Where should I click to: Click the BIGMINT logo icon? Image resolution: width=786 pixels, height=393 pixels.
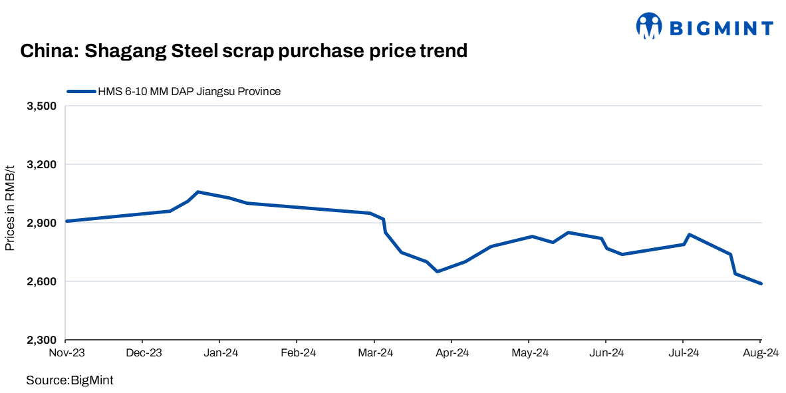(649, 26)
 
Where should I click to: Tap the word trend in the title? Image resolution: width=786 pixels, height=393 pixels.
(443, 51)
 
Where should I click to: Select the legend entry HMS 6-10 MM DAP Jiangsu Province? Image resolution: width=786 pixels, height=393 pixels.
(189, 91)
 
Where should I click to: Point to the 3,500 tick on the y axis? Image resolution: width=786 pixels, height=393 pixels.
(42, 106)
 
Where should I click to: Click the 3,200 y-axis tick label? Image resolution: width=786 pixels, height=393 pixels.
(42, 164)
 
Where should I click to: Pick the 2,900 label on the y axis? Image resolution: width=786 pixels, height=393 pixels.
(42, 223)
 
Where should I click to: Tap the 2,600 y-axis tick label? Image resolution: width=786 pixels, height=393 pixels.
(42, 281)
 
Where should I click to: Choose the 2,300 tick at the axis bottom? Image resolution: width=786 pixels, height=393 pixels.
(42, 340)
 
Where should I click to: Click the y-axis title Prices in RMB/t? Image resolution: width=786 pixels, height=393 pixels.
(10, 208)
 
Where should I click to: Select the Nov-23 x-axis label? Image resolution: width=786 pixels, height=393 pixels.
(66, 352)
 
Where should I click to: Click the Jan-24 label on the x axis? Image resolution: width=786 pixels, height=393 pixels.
(220, 352)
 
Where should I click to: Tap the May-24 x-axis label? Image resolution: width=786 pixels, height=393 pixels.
(529, 352)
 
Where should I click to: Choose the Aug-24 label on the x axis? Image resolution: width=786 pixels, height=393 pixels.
(761, 352)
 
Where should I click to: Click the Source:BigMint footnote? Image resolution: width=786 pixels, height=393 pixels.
(70, 380)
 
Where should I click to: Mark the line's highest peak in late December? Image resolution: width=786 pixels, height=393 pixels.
(198, 192)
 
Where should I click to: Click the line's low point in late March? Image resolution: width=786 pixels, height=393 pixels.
(437, 271)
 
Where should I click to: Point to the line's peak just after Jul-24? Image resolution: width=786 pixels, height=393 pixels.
(689, 234)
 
